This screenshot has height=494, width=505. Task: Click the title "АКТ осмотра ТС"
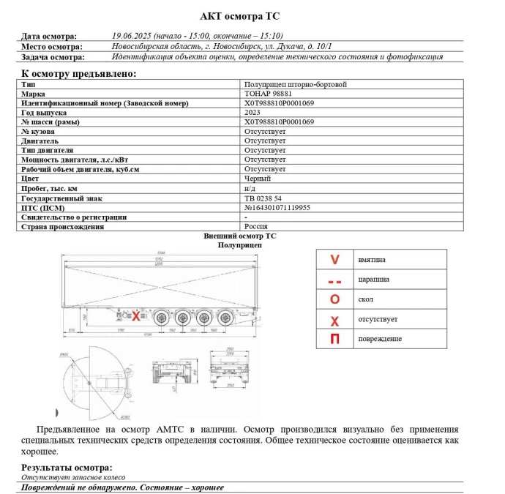click(x=239, y=16)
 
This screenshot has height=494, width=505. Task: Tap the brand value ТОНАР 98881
click(x=268, y=94)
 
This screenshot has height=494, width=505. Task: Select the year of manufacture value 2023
click(x=252, y=113)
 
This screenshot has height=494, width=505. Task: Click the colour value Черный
click(x=258, y=179)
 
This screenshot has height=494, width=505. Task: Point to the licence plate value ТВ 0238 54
click(x=263, y=198)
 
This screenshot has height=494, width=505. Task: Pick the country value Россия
click(x=256, y=227)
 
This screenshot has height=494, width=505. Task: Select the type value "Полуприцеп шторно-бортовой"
click(x=296, y=85)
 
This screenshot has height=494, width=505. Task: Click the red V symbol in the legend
click(x=335, y=259)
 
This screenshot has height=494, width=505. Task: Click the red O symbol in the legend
click(x=335, y=299)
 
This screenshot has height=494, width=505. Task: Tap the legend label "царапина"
click(x=374, y=279)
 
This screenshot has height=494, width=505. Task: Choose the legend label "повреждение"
click(x=380, y=339)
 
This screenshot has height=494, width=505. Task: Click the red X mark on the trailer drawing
click(x=135, y=316)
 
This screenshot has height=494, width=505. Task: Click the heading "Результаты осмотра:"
click(x=67, y=468)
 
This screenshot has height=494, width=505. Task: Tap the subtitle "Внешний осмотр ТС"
click(x=239, y=236)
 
